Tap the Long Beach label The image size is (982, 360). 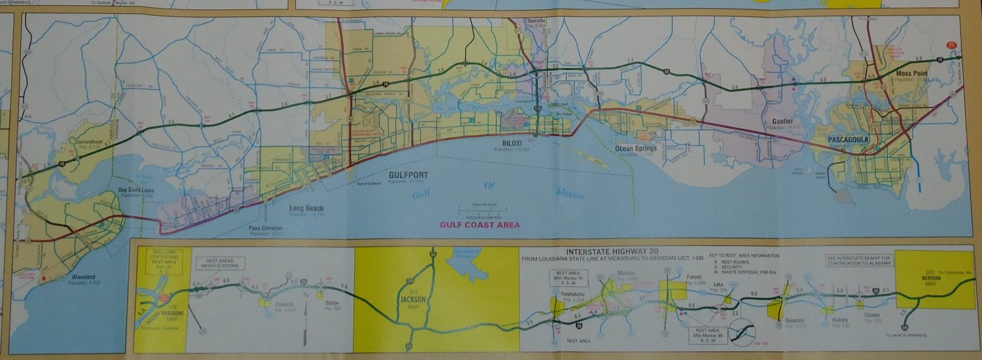pyautogui.click(x=306, y=209)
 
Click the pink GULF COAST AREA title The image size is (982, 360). pyautogui.click(x=480, y=225)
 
